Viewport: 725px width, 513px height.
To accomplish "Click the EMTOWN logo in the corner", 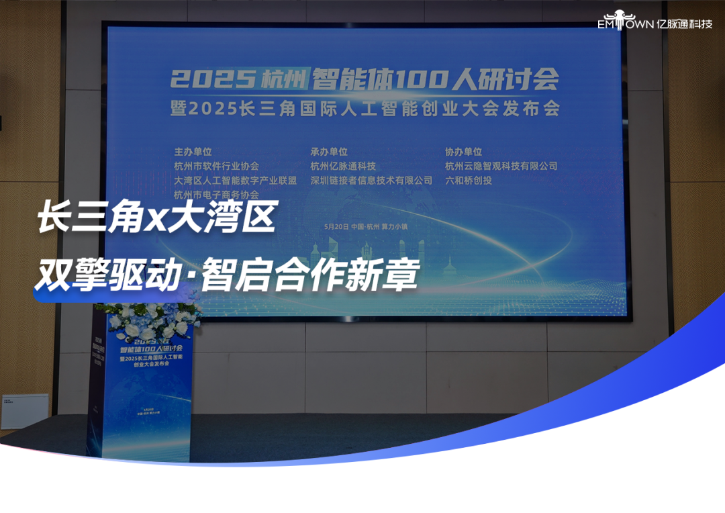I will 634,21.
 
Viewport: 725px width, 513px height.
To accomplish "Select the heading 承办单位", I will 329,152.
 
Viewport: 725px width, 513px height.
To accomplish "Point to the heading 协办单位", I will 463,152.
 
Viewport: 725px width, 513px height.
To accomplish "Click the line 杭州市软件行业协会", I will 216,166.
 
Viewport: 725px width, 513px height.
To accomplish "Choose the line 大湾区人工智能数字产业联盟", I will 235,181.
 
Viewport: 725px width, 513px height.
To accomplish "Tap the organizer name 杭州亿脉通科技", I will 342,166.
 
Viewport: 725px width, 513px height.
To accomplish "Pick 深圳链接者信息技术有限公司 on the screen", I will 371,181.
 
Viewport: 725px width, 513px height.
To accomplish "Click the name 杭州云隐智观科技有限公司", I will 501,166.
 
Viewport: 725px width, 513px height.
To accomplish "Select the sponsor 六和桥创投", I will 469,181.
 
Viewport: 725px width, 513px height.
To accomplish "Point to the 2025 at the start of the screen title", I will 211,80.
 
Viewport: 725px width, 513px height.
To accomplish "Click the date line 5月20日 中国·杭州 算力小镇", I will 365,227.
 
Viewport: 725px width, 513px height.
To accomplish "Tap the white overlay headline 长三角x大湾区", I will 156,220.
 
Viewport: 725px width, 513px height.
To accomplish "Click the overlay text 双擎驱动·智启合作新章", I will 227,275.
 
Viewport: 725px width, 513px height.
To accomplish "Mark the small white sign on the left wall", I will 25,410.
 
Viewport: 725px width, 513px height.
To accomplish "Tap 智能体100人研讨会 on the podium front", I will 155,350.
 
